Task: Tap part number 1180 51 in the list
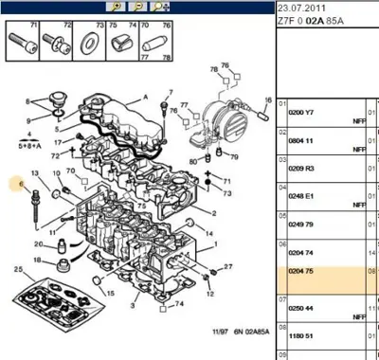coord(301,334)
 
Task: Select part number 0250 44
coord(301,309)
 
